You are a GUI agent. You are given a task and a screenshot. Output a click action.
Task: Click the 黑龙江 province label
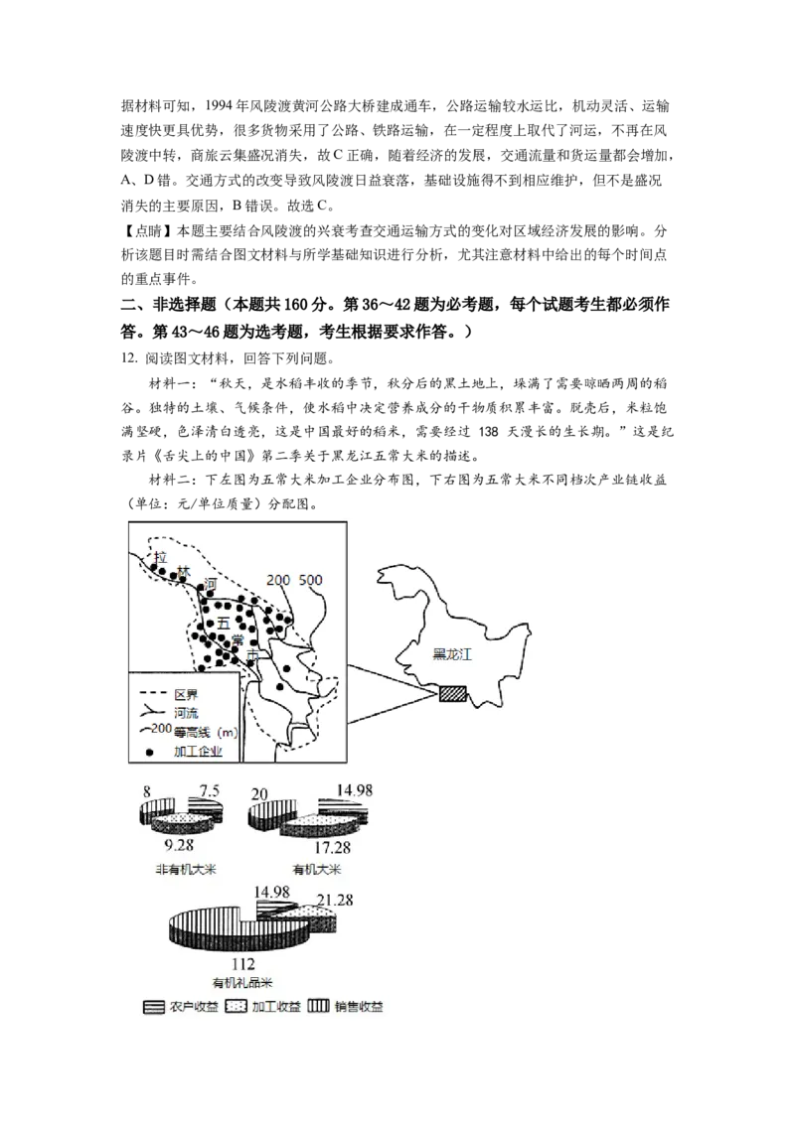(x=452, y=654)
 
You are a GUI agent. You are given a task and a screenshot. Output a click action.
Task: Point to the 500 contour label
(x=310, y=581)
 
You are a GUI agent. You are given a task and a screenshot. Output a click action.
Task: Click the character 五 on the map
(x=223, y=623)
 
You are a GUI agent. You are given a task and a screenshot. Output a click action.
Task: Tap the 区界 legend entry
(x=187, y=694)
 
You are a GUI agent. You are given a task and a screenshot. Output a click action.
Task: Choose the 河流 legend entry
(x=187, y=713)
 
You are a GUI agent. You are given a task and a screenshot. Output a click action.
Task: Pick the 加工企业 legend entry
(x=196, y=752)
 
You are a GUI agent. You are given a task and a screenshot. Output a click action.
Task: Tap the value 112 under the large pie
(x=242, y=964)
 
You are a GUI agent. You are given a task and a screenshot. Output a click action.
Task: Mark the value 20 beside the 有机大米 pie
(x=258, y=793)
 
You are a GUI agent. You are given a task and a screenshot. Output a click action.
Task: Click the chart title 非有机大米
(x=185, y=870)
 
